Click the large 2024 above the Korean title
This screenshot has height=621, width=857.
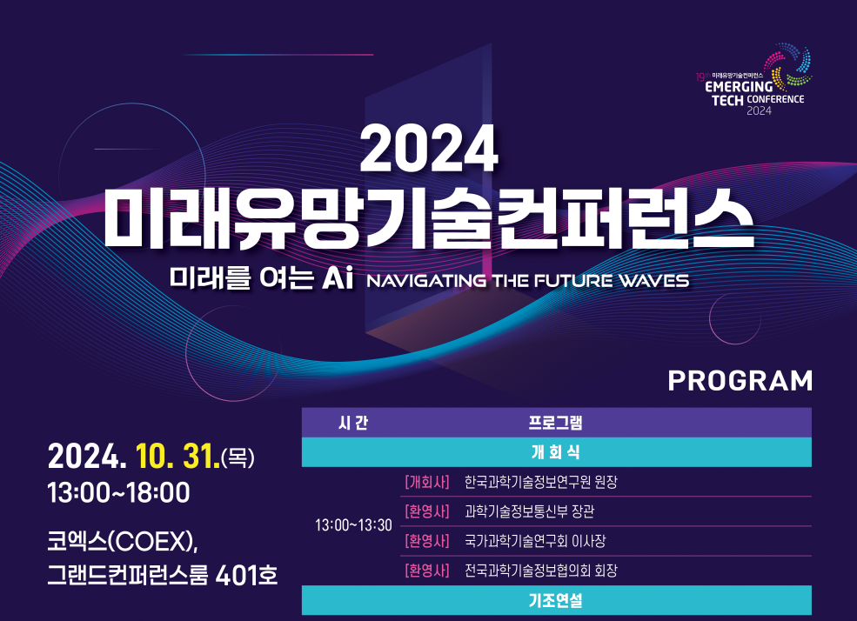tap(429, 149)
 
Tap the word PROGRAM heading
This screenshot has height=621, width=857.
tap(740, 381)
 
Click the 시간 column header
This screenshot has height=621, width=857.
tap(353, 423)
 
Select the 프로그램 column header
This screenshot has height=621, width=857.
tap(555, 423)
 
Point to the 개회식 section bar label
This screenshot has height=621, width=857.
tap(555, 452)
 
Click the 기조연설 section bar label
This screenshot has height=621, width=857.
tap(555, 601)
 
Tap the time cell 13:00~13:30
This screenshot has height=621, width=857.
tap(353, 525)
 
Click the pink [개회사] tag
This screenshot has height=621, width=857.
tap(427, 482)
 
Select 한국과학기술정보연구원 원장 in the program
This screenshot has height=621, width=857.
tap(541, 482)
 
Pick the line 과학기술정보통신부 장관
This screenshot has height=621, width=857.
tap(529, 511)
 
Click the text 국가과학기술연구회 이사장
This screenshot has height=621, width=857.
tap(535, 541)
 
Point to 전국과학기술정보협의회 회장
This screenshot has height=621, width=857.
tap(541, 571)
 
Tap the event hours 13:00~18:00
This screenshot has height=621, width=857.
tap(118, 492)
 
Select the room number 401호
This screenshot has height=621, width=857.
tap(246, 575)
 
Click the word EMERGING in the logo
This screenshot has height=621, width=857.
tap(739, 87)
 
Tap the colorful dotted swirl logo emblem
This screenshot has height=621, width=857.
tap(788, 67)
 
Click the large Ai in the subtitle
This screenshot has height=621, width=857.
tap(338, 277)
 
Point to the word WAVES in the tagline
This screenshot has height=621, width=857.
tap(653, 281)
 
